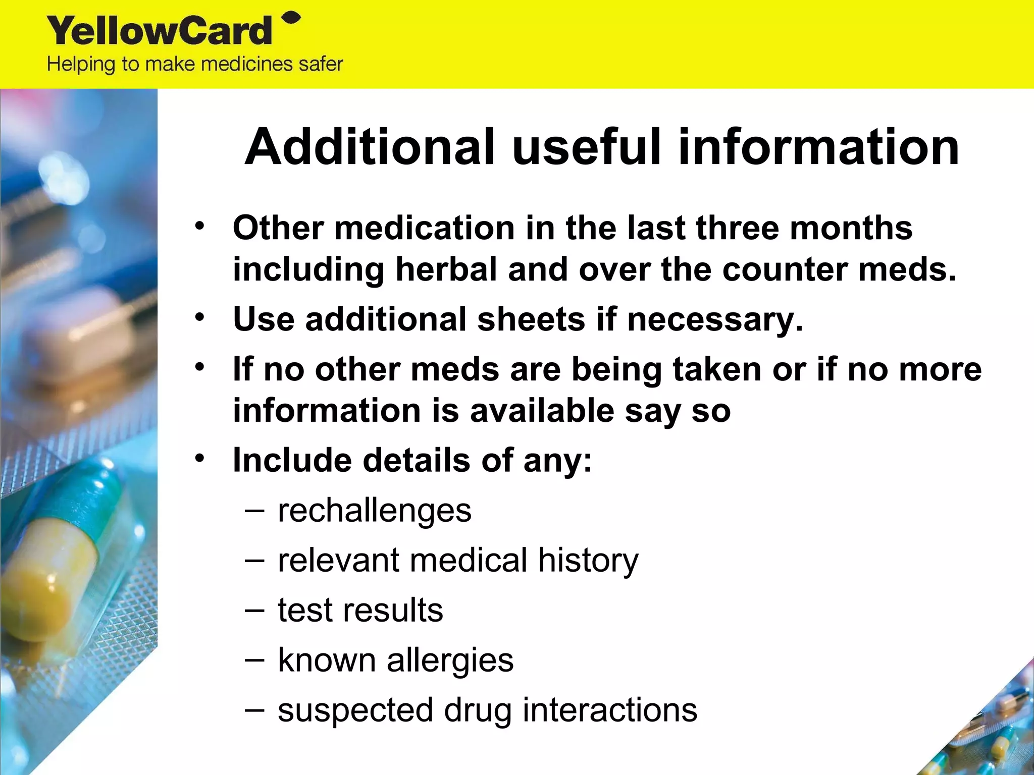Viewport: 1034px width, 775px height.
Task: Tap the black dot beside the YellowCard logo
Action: [292, 19]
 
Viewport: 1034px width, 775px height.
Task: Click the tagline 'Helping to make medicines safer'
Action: [195, 65]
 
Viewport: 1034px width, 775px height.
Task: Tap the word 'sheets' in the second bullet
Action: [532, 319]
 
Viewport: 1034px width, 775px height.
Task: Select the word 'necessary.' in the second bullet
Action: [715, 320]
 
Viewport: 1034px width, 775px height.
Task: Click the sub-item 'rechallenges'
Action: [375, 511]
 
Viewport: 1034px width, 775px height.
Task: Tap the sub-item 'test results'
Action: [360, 610]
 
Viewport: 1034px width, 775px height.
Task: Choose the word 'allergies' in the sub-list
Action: [450, 660]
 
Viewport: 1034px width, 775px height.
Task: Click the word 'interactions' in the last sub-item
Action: [610, 710]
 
